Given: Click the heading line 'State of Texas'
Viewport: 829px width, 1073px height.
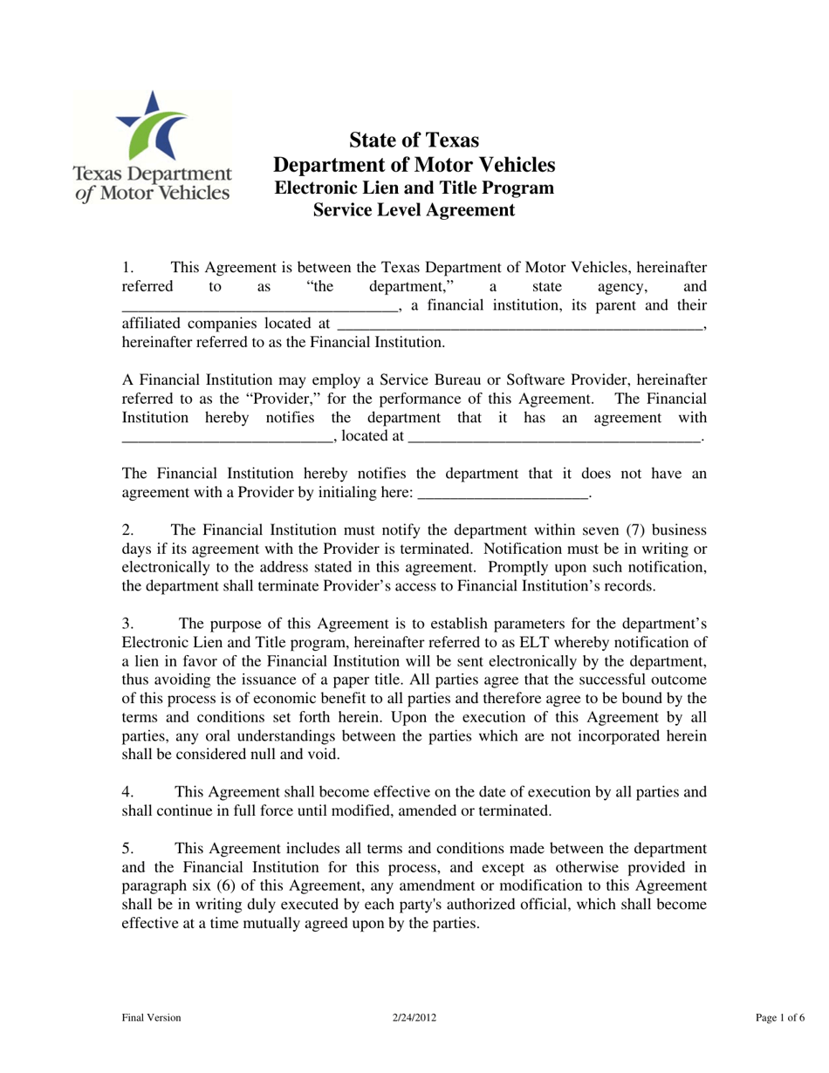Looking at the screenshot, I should tap(414, 140).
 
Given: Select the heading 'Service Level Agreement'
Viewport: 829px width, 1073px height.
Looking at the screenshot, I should tap(414, 210).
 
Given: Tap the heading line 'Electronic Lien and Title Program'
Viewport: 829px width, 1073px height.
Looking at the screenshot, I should tap(414, 187).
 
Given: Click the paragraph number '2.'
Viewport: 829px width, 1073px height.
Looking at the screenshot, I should tap(128, 530).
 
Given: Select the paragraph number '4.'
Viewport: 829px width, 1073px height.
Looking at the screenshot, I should tap(128, 792).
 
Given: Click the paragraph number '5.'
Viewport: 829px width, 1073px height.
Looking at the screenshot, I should tap(128, 848).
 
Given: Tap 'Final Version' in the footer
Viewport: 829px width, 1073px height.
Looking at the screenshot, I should tap(152, 1017).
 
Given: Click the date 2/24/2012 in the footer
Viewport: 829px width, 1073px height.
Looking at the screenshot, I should tap(414, 1017).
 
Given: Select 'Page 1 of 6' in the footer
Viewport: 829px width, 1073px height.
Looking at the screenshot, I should tap(779, 1017).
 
